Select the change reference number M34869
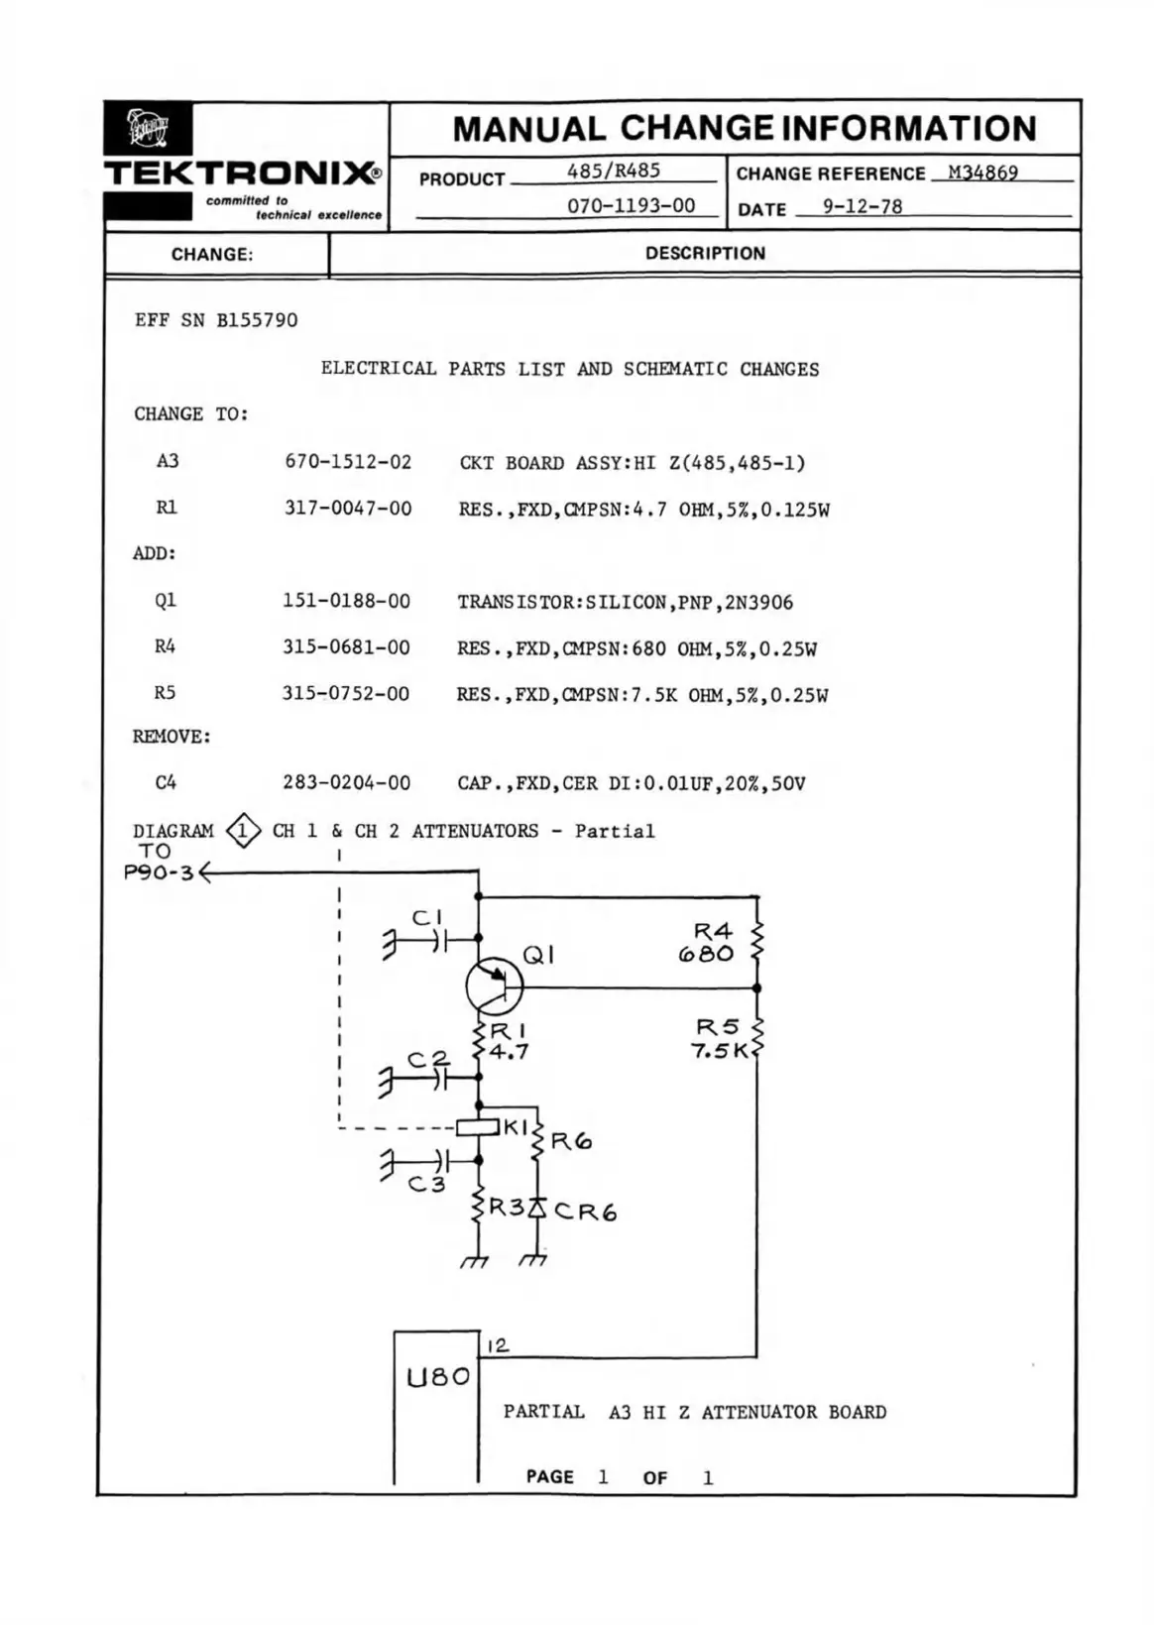[x=981, y=173]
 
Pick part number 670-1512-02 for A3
[x=347, y=462]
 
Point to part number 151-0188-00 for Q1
[x=346, y=601]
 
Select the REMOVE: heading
[x=172, y=737]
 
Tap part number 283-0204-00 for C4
[x=346, y=782]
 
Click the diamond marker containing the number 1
[x=243, y=831]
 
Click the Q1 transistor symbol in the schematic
[x=494, y=986]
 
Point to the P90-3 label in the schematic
[x=159, y=873]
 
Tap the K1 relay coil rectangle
[x=477, y=1127]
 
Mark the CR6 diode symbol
[x=537, y=1208]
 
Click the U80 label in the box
[x=437, y=1376]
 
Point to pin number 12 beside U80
[x=498, y=1345]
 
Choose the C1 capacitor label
[x=426, y=918]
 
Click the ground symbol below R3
[x=475, y=1261]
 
